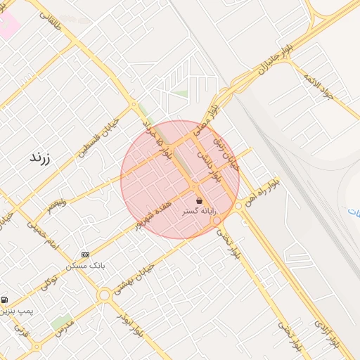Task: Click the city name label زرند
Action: coord(40,157)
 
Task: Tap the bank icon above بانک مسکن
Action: coord(86,255)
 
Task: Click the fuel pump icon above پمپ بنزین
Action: coord(5,300)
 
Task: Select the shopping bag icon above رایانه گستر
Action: coord(200,200)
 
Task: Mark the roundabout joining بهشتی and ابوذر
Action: coord(105,295)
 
